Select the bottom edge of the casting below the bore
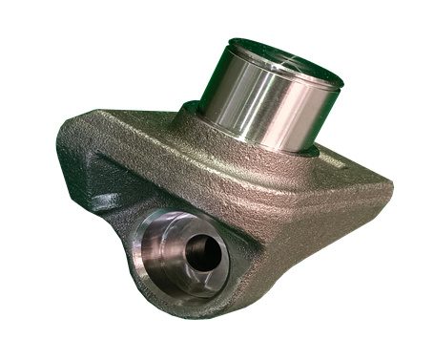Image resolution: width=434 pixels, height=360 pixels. click(x=191, y=315)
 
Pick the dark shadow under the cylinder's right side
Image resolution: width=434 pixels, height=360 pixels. click(x=320, y=153)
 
